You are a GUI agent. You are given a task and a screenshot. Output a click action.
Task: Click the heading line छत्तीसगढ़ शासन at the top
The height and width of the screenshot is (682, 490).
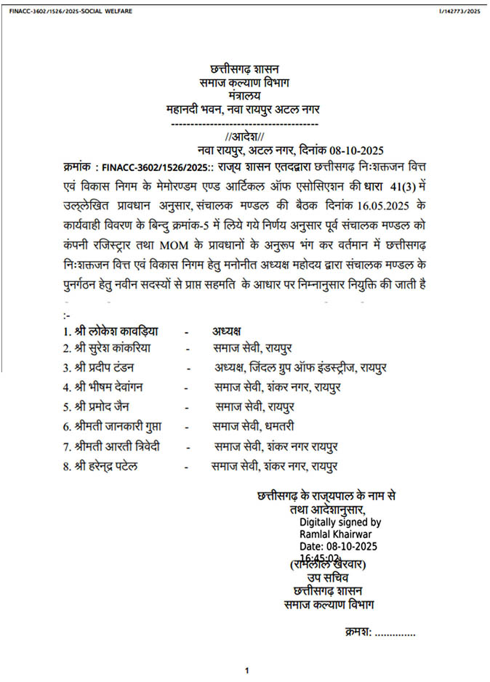[x=244, y=70]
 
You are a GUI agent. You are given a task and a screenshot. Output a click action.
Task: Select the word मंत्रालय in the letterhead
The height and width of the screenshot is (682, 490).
[x=243, y=96]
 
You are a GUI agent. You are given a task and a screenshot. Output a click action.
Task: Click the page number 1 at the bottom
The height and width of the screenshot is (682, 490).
[x=247, y=670]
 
